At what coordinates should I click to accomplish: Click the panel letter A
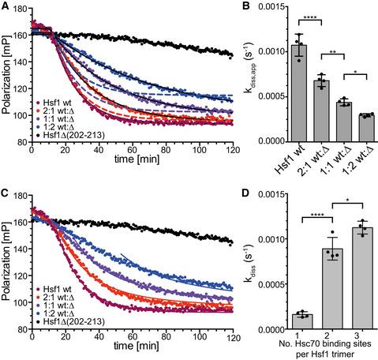pos(6,7)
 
